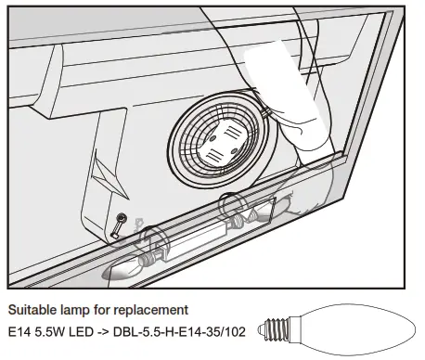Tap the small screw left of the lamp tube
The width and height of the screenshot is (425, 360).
point(120,224)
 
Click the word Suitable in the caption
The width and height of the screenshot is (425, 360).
point(31,309)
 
